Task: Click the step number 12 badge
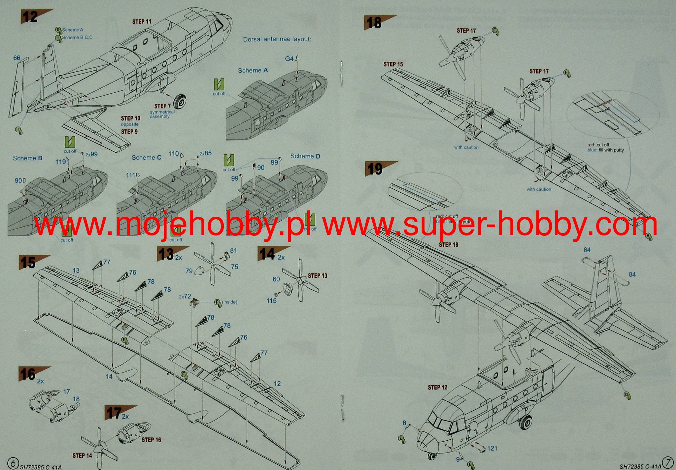30,17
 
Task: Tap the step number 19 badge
375,169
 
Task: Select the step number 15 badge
28,263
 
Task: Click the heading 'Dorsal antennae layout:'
277,39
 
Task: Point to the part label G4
289,59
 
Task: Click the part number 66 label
17,58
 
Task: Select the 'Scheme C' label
147,158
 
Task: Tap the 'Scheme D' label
305,156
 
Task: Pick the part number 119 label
61,162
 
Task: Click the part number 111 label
131,175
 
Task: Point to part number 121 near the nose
492,448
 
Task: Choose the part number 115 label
271,300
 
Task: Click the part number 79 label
189,271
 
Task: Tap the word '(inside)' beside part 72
229,302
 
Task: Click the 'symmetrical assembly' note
162,114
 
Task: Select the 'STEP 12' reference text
437,387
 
